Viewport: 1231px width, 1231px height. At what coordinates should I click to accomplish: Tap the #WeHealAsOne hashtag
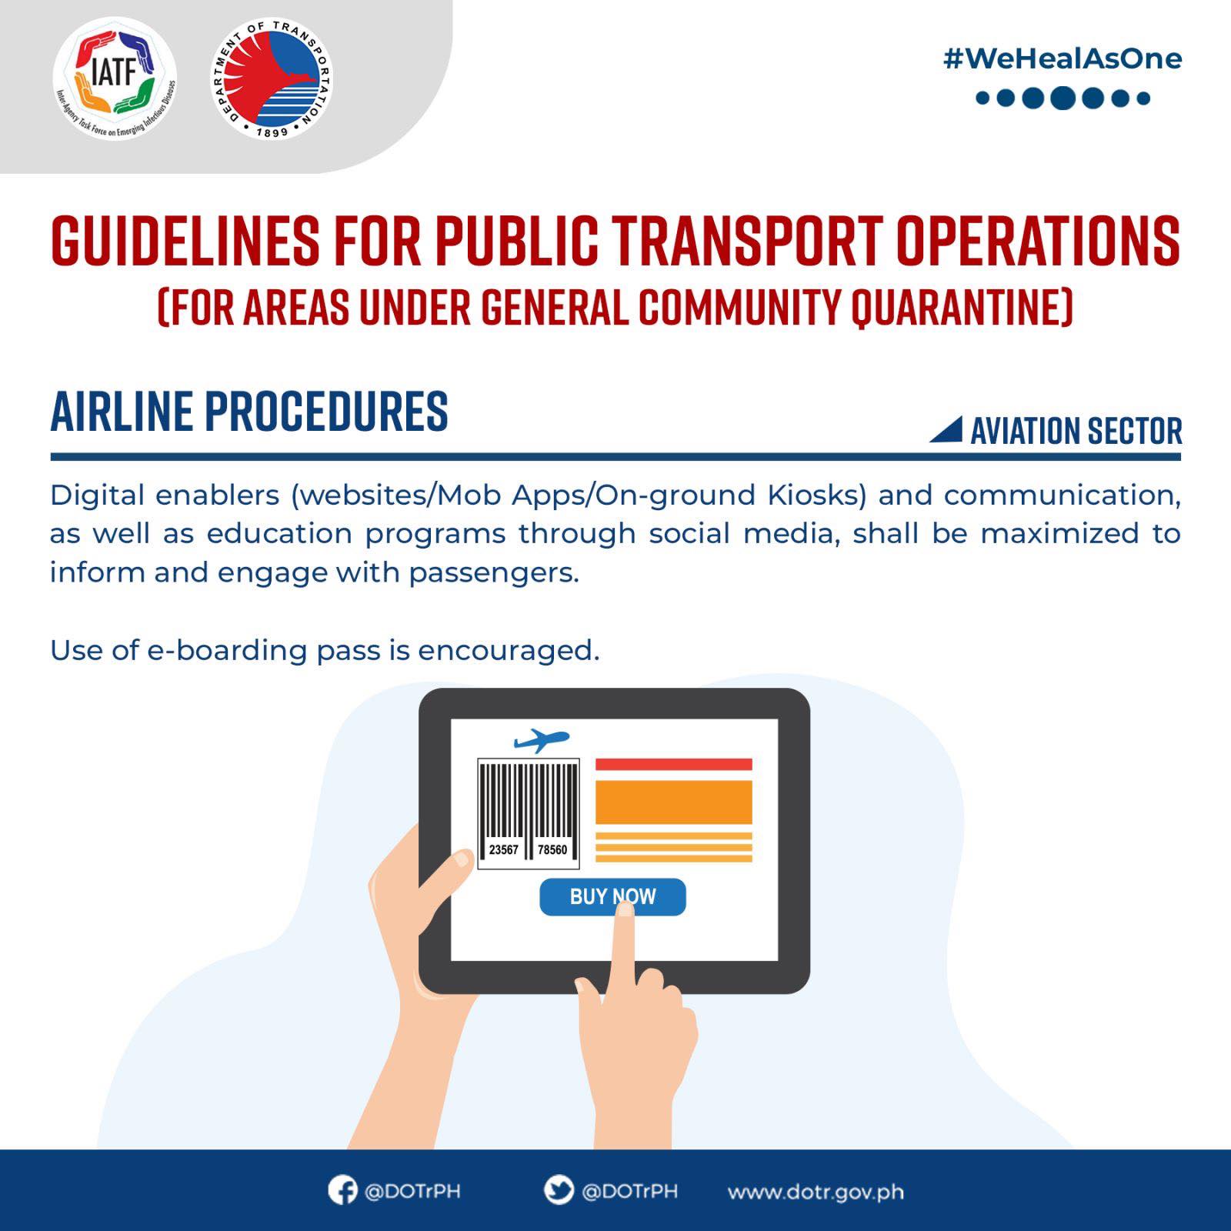1063,58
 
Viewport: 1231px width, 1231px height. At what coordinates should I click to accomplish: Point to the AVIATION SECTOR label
1076,431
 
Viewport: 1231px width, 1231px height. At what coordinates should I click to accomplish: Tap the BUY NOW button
612,896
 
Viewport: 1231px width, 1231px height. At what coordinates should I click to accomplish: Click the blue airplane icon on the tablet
542,741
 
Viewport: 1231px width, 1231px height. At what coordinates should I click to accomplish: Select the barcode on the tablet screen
528,813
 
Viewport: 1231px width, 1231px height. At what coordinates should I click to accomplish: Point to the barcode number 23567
503,849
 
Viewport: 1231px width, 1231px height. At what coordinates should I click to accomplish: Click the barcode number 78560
552,849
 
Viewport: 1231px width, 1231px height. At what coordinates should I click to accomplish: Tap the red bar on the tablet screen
674,764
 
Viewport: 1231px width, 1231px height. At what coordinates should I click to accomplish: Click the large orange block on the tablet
674,802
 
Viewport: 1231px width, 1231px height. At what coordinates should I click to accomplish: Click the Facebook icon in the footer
342,1190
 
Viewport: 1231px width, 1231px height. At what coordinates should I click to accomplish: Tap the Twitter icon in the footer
559,1190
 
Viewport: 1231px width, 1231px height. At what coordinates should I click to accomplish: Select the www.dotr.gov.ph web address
816,1192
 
